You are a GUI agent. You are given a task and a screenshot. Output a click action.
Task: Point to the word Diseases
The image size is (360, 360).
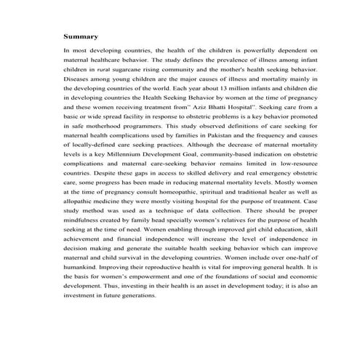78,76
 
